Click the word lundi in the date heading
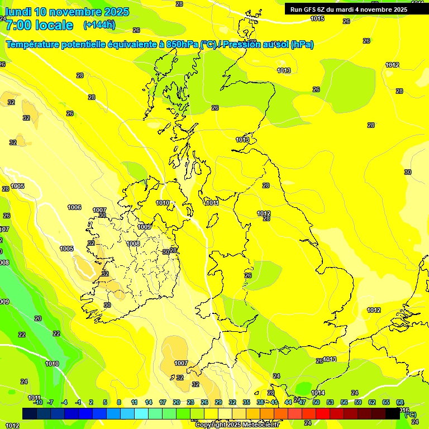click(18, 12)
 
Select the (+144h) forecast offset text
click(99, 25)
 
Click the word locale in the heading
click(54, 25)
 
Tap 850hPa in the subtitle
click(182, 45)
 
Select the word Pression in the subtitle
click(243, 45)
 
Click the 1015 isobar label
click(317, 18)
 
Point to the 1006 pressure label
click(74, 207)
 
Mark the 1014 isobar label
click(318, 393)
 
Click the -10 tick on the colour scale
click(37, 402)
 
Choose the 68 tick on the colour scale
click(400, 402)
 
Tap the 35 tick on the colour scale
click(246, 402)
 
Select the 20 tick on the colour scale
click(176, 402)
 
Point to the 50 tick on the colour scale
click(316, 402)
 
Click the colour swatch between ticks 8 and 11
click(127, 413)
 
